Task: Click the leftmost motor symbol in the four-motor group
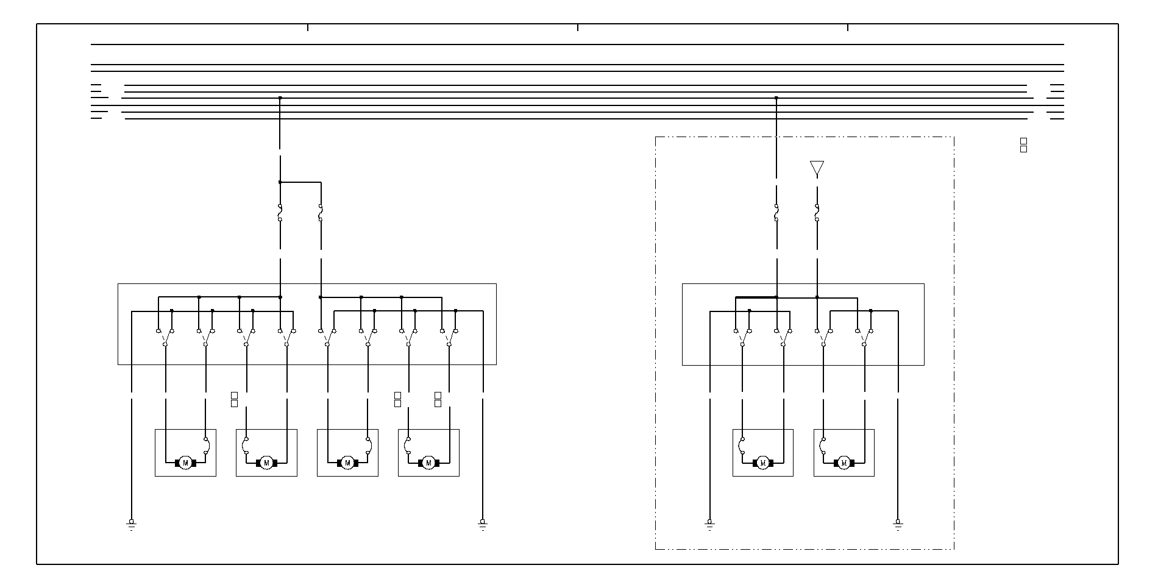pos(185,463)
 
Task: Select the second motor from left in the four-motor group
pos(266,463)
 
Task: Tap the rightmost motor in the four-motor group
pos(428,463)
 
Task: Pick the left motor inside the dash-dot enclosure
pos(762,463)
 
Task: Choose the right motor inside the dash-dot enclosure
pos(844,463)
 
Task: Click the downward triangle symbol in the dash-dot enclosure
pos(817,168)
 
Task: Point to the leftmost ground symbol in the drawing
pos(131,524)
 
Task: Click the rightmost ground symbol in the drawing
pos(897,524)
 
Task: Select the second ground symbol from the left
pos(483,524)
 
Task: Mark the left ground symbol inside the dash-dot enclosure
pos(709,524)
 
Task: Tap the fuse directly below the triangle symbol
pos(817,212)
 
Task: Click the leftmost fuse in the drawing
pos(280,212)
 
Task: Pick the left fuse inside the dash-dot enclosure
pos(776,212)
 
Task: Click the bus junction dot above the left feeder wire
pos(280,98)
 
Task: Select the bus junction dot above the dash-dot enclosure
pos(776,98)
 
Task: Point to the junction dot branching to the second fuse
pos(280,182)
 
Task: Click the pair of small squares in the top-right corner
pos(1023,145)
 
